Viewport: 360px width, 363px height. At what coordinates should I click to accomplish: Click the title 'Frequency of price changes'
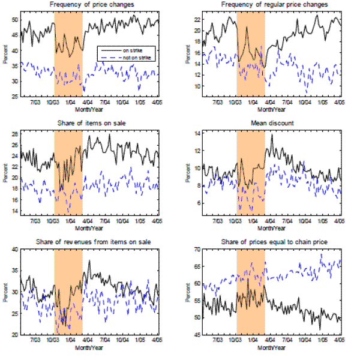(x=89, y=5)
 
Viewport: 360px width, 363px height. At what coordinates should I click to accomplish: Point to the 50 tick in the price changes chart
(x=16, y=20)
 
